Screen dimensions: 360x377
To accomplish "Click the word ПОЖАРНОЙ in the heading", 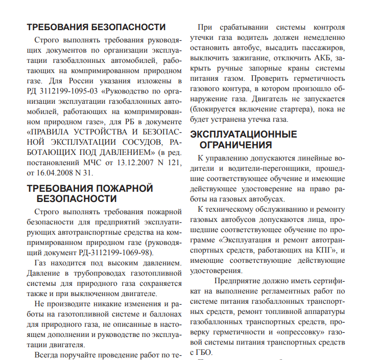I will (117, 188).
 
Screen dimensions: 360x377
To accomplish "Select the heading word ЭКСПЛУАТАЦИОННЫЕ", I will (243, 134).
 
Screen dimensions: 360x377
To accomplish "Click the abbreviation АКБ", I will (326, 58).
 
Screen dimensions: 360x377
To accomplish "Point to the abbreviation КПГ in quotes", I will (322, 250).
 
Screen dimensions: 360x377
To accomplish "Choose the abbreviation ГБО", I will (203, 352).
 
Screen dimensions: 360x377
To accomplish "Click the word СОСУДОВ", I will (148, 143).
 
